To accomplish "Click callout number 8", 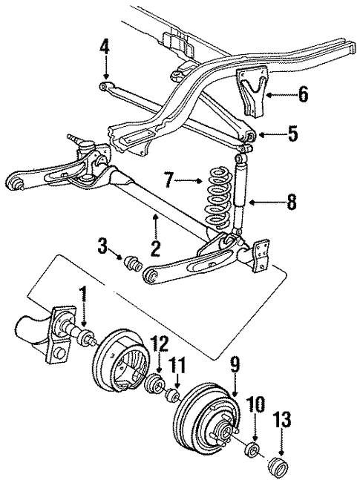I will pyautogui.click(x=290, y=201).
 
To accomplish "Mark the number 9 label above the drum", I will pyautogui.click(x=235, y=364).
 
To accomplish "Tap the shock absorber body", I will pyautogui.click(x=240, y=200).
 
